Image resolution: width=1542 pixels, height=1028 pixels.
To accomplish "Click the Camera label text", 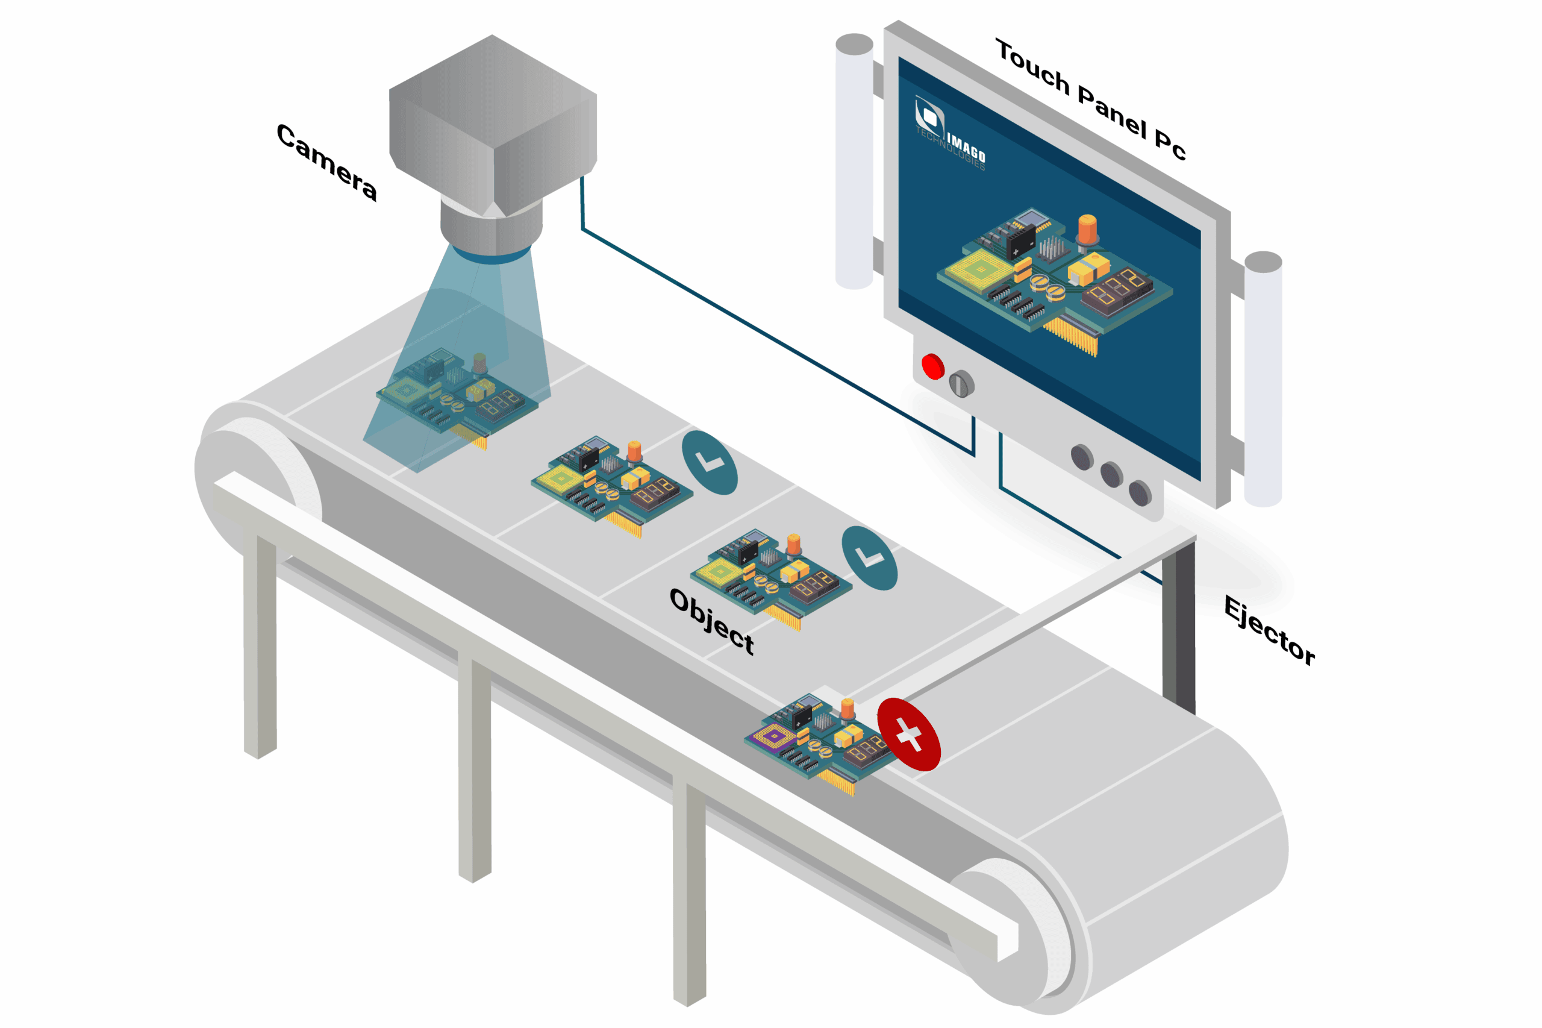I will pos(326,162).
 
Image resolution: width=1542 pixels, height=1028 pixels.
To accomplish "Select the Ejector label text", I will pos(1268,631).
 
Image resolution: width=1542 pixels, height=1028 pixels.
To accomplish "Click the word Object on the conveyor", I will pos(711,620).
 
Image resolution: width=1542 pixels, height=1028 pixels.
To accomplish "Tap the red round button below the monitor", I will pos(932,366).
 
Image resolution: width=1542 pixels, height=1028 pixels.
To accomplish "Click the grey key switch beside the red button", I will pos(961,383).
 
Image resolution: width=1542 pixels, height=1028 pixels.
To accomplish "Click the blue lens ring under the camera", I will pos(492,255).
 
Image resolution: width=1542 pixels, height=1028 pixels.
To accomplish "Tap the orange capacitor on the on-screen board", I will pos(1087,230).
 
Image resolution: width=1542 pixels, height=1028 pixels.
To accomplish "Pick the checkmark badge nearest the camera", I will pos(709,462).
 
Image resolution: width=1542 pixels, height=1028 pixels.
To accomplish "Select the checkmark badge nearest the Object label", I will pos(869,558).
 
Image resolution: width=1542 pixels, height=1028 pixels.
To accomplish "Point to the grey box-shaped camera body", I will pos(492,125).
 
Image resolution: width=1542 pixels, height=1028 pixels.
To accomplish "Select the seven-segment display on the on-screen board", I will pos(1116,289).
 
